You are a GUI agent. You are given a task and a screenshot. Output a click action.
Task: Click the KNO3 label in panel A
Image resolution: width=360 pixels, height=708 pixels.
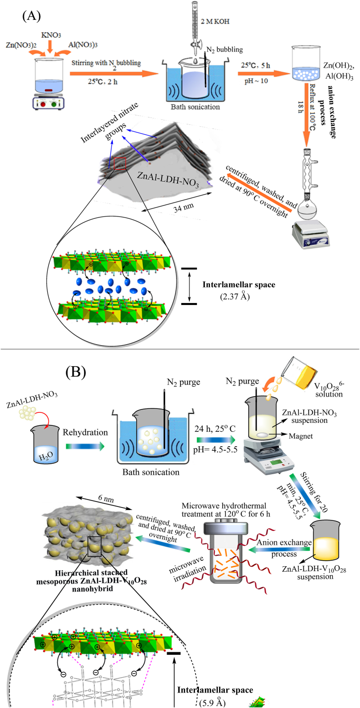point(51,35)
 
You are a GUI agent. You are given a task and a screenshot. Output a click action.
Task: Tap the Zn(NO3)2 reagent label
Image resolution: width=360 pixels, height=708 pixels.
point(21,45)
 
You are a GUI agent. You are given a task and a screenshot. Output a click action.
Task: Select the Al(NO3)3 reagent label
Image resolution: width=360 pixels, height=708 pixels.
point(83,45)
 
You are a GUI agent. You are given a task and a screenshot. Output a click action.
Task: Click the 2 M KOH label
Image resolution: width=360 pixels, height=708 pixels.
point(215,21)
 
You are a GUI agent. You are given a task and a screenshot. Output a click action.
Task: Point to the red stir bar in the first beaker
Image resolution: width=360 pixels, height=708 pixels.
point(48,91)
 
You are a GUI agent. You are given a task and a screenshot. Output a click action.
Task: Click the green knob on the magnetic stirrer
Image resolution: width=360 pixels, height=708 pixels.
point(54,104)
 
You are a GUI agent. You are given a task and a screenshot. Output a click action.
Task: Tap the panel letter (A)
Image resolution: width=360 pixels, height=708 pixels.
point(32,15)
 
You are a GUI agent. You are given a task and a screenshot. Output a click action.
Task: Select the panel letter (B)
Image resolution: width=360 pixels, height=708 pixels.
point(76,372)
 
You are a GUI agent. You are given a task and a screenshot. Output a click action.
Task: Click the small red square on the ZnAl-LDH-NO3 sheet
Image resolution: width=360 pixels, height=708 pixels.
point(120,163)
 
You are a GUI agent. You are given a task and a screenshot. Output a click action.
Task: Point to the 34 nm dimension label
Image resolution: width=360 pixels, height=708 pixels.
point(183,207)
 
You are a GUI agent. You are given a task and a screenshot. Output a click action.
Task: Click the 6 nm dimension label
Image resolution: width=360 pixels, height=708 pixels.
point(106,499)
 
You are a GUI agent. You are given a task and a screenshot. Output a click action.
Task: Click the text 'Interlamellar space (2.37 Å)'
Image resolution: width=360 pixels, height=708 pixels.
point(239,291)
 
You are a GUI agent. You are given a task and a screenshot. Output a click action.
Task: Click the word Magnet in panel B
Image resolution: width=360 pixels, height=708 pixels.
point(301,436)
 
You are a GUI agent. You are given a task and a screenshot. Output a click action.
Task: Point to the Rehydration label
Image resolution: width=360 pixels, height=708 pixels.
point(85,432)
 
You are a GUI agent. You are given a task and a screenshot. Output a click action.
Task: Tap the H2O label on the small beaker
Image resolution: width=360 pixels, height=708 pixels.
point(46,456)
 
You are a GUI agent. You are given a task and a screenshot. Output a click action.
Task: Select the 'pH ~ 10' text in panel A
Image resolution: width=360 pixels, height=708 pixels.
point(256,81)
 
